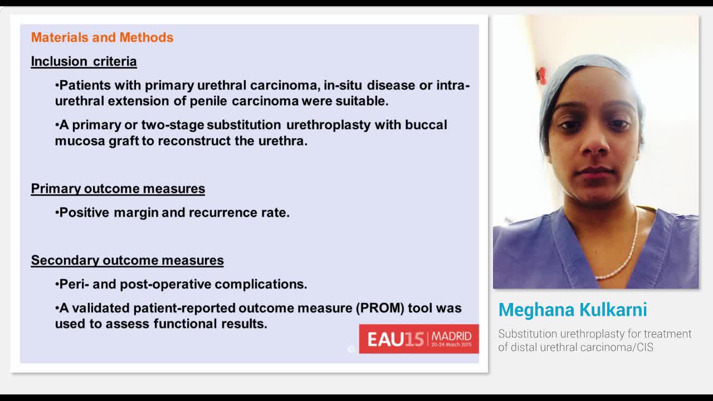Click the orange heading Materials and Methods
point(102,37)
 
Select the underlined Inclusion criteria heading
point(84,61)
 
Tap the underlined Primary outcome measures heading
point(118,189)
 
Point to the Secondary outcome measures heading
point(127,260)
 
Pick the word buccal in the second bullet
point(426,125)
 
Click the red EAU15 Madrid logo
point(418,339)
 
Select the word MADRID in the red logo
point(451,336)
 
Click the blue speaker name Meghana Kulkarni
point(573,310)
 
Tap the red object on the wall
point(541,75)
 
